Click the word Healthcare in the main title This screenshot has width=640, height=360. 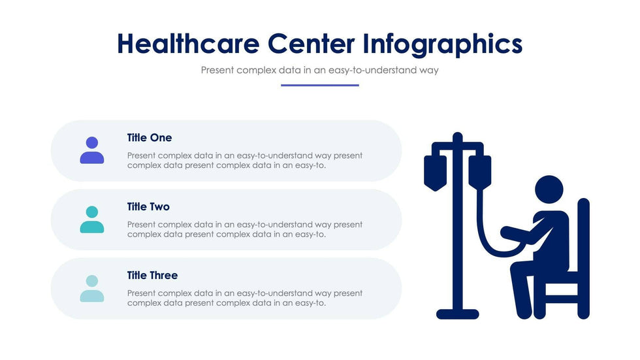tap(188, 44)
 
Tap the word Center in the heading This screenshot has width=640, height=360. tap(312, 44)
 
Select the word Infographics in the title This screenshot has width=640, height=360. tap(443, 44)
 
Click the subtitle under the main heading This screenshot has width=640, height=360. tap(319, 70)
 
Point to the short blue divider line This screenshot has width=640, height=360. tap(319, 86)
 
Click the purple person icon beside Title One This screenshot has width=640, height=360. tap(92, 150)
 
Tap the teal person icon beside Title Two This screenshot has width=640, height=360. tap(92, 220)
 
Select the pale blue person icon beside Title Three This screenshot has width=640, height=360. tap(92, 289)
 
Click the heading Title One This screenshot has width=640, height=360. tap(150, 138)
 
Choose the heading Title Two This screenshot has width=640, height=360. tap(148, 206)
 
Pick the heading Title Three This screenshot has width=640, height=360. tap(152, 276)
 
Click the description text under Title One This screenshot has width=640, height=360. tap(245, 161)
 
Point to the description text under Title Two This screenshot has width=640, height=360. tap(245, 229)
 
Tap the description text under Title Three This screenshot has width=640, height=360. tap(245, 298)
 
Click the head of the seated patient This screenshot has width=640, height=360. tap(549, 189)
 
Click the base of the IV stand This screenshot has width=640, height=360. tap(458, 314)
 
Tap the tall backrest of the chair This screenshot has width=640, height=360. tap(584, 258)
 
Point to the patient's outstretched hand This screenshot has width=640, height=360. tap(506, 233)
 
